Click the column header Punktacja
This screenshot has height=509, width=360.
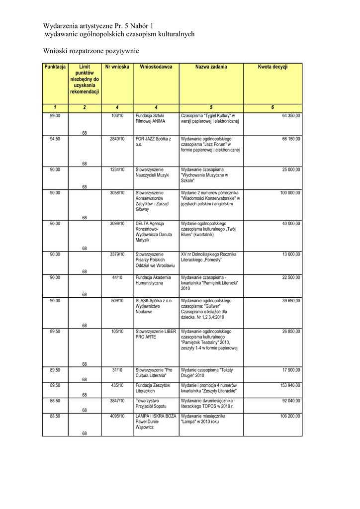55,67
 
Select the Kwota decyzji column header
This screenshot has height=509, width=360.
272,67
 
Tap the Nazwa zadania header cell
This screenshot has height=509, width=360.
211,67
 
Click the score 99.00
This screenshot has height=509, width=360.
55,116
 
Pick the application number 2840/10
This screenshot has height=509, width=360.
117,139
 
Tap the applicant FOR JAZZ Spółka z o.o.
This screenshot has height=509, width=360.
153,142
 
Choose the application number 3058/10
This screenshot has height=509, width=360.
117,192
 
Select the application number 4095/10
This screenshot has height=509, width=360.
117,416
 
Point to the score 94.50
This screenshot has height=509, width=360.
55,139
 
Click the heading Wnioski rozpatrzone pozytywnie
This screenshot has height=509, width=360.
91,51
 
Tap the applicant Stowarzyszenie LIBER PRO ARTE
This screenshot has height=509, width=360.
156,334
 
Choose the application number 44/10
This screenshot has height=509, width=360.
117,277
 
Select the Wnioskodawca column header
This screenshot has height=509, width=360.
156,67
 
